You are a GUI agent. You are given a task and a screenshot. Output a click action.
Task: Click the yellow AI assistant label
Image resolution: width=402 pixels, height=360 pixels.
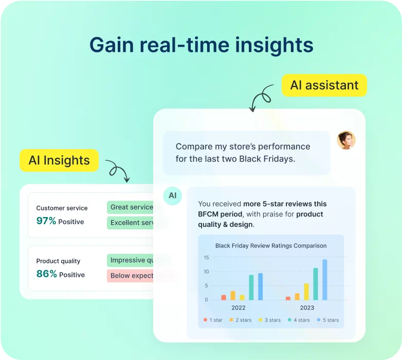pos(324,85)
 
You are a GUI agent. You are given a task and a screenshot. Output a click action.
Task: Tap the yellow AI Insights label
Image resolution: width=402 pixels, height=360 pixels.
pos(59,160)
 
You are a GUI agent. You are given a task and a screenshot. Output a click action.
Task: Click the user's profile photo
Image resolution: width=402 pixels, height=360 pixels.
pos(346,140)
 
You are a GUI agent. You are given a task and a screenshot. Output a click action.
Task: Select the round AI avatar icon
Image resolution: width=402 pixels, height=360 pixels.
pos(173,196)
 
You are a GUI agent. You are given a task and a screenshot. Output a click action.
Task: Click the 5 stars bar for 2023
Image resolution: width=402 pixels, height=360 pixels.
pos(324,280)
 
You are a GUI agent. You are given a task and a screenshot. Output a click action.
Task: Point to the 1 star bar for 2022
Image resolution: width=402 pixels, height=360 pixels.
pos(224,297)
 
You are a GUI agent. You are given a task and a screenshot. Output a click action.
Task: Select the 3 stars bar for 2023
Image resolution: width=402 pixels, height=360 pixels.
pos(306,292)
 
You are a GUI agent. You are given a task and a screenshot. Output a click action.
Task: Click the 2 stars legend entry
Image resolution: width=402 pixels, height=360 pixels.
pos(241,320)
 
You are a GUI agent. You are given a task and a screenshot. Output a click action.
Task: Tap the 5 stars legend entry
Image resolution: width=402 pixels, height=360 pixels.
pos(327,320)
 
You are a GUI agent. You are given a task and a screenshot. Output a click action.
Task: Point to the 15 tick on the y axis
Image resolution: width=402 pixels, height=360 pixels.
pos(206,258)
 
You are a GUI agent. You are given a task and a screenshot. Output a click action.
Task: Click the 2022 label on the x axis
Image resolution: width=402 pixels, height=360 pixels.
pos(238,308)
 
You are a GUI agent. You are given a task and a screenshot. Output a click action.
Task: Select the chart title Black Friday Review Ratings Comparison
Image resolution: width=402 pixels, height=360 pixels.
pos(271,246)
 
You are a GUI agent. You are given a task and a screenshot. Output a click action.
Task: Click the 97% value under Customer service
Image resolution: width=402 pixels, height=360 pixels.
pos(46,221)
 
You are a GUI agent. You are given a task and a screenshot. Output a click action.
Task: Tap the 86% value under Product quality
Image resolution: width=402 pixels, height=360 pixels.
pos(46,274)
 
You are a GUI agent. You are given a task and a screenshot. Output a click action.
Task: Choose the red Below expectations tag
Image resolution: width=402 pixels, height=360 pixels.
pos(131,276)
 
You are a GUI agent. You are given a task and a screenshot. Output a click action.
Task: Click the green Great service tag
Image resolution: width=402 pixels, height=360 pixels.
pos(131,207)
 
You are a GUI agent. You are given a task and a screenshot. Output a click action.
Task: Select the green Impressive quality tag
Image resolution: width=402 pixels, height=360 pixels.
pos(131,260)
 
